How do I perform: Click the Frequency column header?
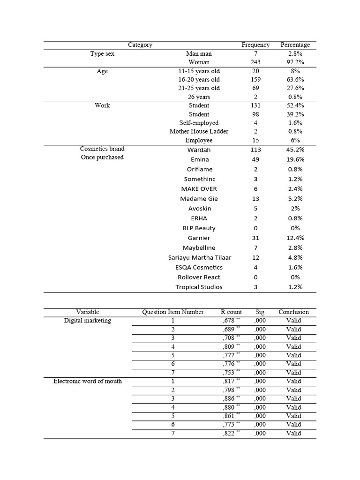pyautogui.click(x=255, y=45)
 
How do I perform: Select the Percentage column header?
pyautogui.click(x=295, y=45)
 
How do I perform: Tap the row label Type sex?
pyautogui.click(x=102, y=54)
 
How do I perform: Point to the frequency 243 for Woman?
pyautogui.click(x=255, y=62)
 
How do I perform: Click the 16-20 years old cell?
pyautogui.click(x=199, y=80)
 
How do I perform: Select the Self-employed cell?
pyautogui.click(x=199, y=123)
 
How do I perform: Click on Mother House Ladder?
pyautogui.click(x=199, y=131)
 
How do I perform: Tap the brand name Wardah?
pyautogui.click(x=199, y=150)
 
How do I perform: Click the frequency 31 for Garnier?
pyautogui.click(x=255, y=238)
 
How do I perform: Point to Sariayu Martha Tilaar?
pyautogui.click(x=200, y=258)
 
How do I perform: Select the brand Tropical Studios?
pyautogui.click(x=199, y=287)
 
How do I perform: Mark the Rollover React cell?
pyautogui.click(x=199, y=277)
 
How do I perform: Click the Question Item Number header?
pyautogui.click(x=173, y=312)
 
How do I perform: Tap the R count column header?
pyautogui.click(x=231, y=312)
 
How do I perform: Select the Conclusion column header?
pyautogui.click(x=293, y=312)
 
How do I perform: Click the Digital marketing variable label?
pyautogui.click(x=88, y=321)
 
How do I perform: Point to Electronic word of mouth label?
pyautogui.click(x=88, y=381)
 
